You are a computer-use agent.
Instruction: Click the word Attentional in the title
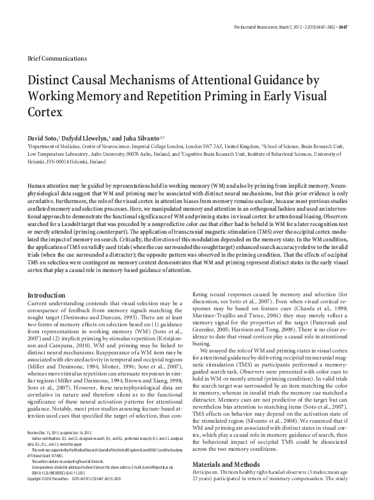click(256, 82)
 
